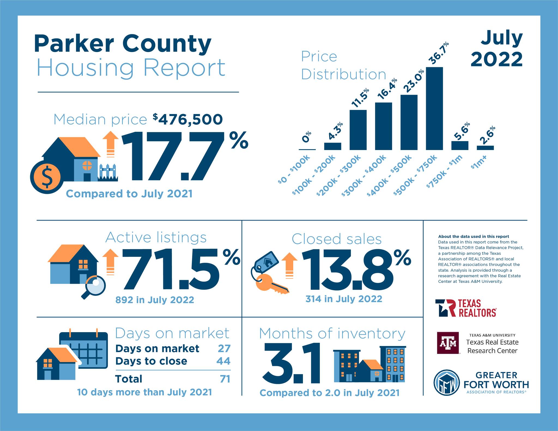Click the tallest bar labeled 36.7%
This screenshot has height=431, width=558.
[434, 108]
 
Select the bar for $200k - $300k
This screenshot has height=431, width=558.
[358, 130]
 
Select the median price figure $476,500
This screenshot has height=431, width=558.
[188, 119]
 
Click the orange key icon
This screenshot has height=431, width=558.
[272, 284]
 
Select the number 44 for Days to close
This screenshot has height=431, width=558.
[223, 361]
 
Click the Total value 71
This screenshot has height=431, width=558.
[225, 379]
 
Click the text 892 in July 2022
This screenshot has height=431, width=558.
[155, 300]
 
